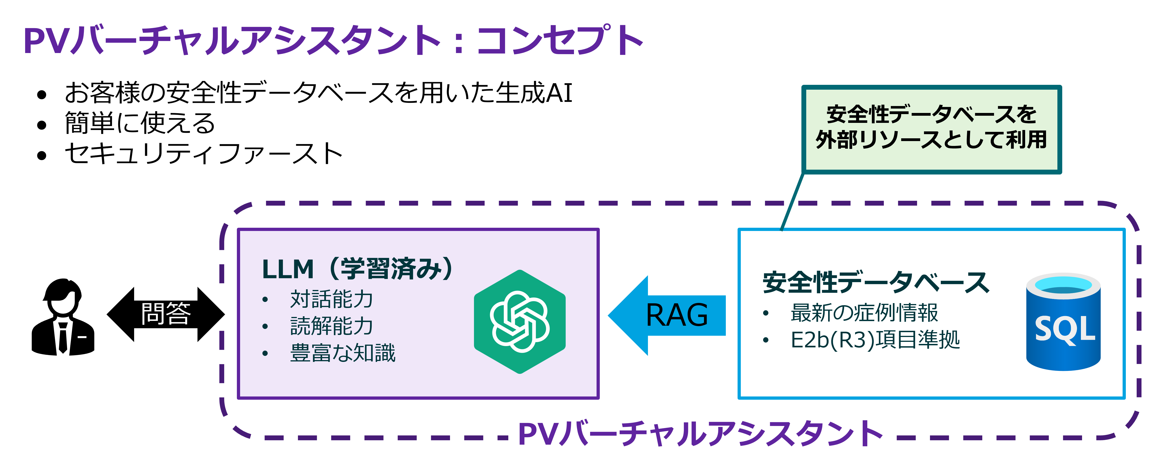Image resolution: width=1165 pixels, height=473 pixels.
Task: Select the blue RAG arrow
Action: [667, 316]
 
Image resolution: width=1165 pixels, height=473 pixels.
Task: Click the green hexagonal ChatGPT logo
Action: [520, 322]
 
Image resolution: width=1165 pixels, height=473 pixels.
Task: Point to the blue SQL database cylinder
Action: [1063, 322]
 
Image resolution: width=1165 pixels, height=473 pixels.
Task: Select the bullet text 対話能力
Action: [332, 299]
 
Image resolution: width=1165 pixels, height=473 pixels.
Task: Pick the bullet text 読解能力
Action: [332, 326]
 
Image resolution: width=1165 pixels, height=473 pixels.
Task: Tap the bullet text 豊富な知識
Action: [342, 353]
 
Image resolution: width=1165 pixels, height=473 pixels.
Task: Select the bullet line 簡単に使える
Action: [140, 123]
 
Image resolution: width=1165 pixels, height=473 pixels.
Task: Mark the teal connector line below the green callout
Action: [792, 201]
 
